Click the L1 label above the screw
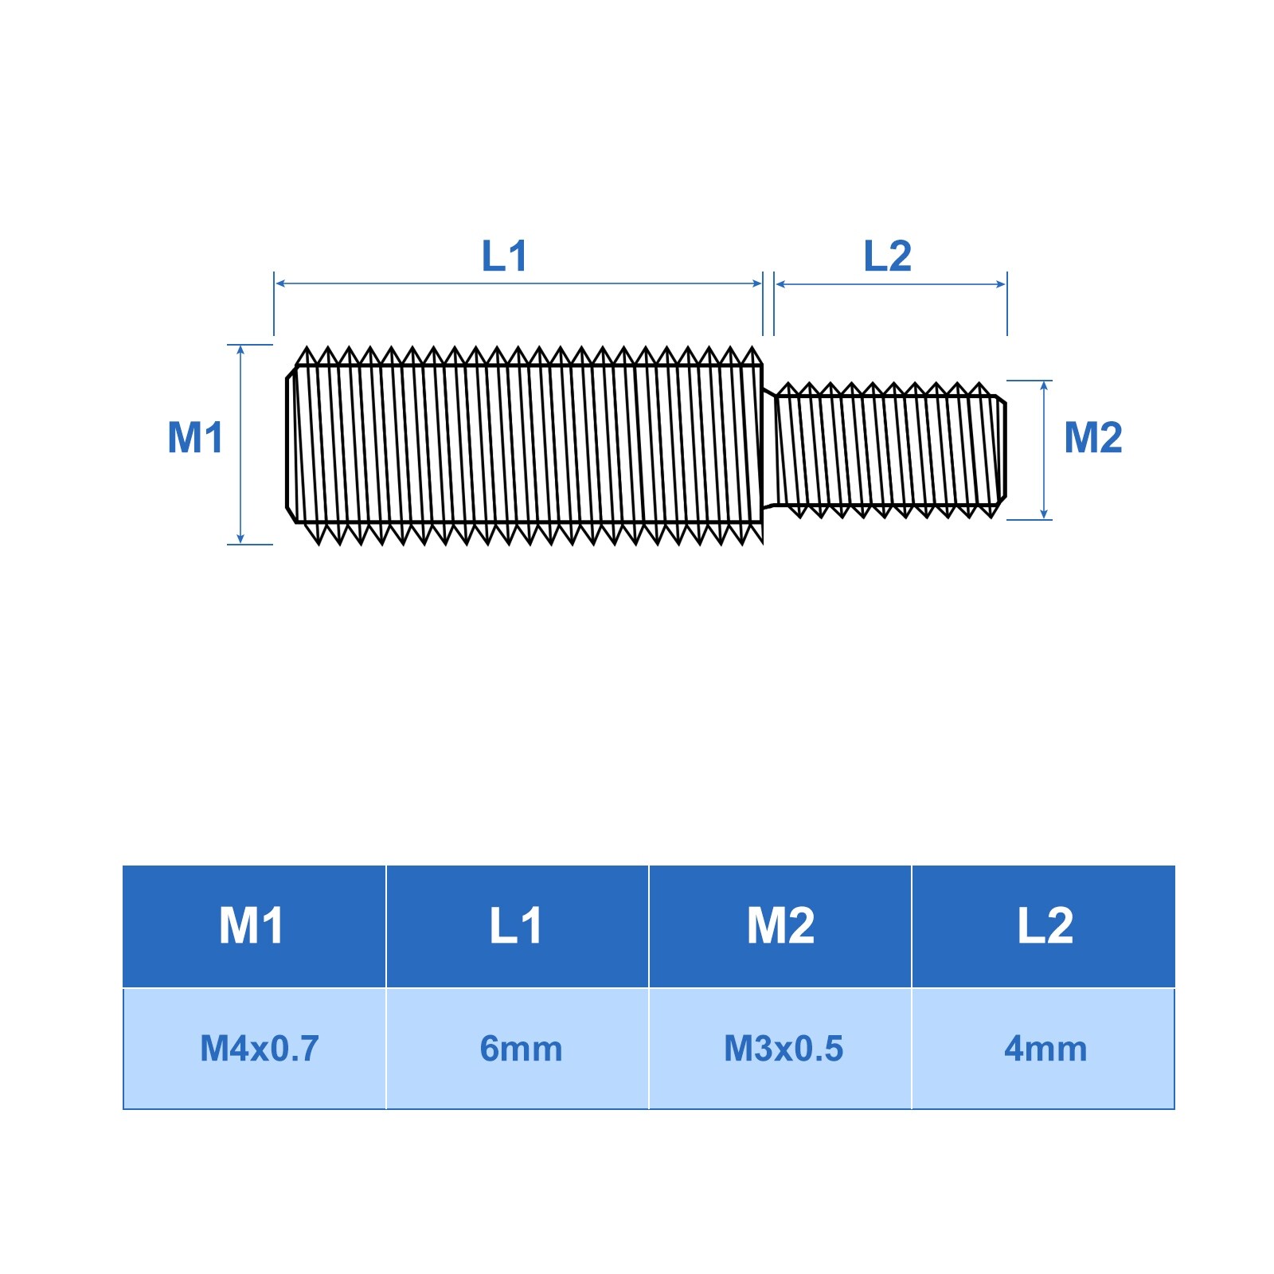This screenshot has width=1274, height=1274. (x=505, y=256)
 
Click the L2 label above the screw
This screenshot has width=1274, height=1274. (x=887, y=256)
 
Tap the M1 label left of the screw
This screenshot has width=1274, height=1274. (x=195, y=437)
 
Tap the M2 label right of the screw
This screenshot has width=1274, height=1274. (x=1093, y=437)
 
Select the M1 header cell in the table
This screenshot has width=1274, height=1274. (x=253, y=926)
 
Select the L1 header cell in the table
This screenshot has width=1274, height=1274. (x=517, y=926)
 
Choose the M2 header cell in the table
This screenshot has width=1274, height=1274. (x=780, y=926)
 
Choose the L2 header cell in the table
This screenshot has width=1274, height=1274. (x=1044, y=926)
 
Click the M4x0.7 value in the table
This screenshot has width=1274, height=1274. (x=259, y=1049)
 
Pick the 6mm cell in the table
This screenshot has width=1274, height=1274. (x=521, y=1049)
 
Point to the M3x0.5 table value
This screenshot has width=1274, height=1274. (x=783, y=1049)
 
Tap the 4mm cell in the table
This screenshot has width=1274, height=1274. (x=1045, y=1049)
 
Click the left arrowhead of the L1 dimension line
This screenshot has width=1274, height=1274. (x=279, y=283)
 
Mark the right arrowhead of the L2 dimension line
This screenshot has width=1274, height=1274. (x=1002, y=284)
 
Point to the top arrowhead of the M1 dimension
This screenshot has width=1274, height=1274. (x=240, y=350)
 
